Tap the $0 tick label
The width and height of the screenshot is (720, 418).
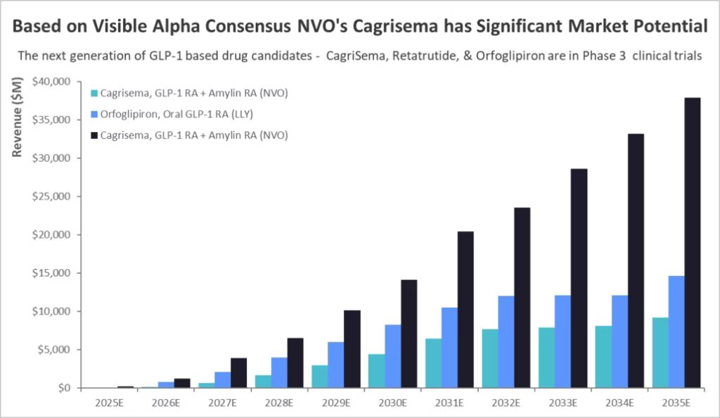pyautogui.click(x=63, y=388)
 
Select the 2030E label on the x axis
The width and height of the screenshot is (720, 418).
pyautogui.click(x=394, y=403)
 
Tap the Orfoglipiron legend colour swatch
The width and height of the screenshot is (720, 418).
pyautogui.click(x=94, y=114)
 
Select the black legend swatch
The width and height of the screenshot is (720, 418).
pyautogui.click(x=94, y=134)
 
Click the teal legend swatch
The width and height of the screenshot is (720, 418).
pyautogui.click(x=94, y=93)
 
